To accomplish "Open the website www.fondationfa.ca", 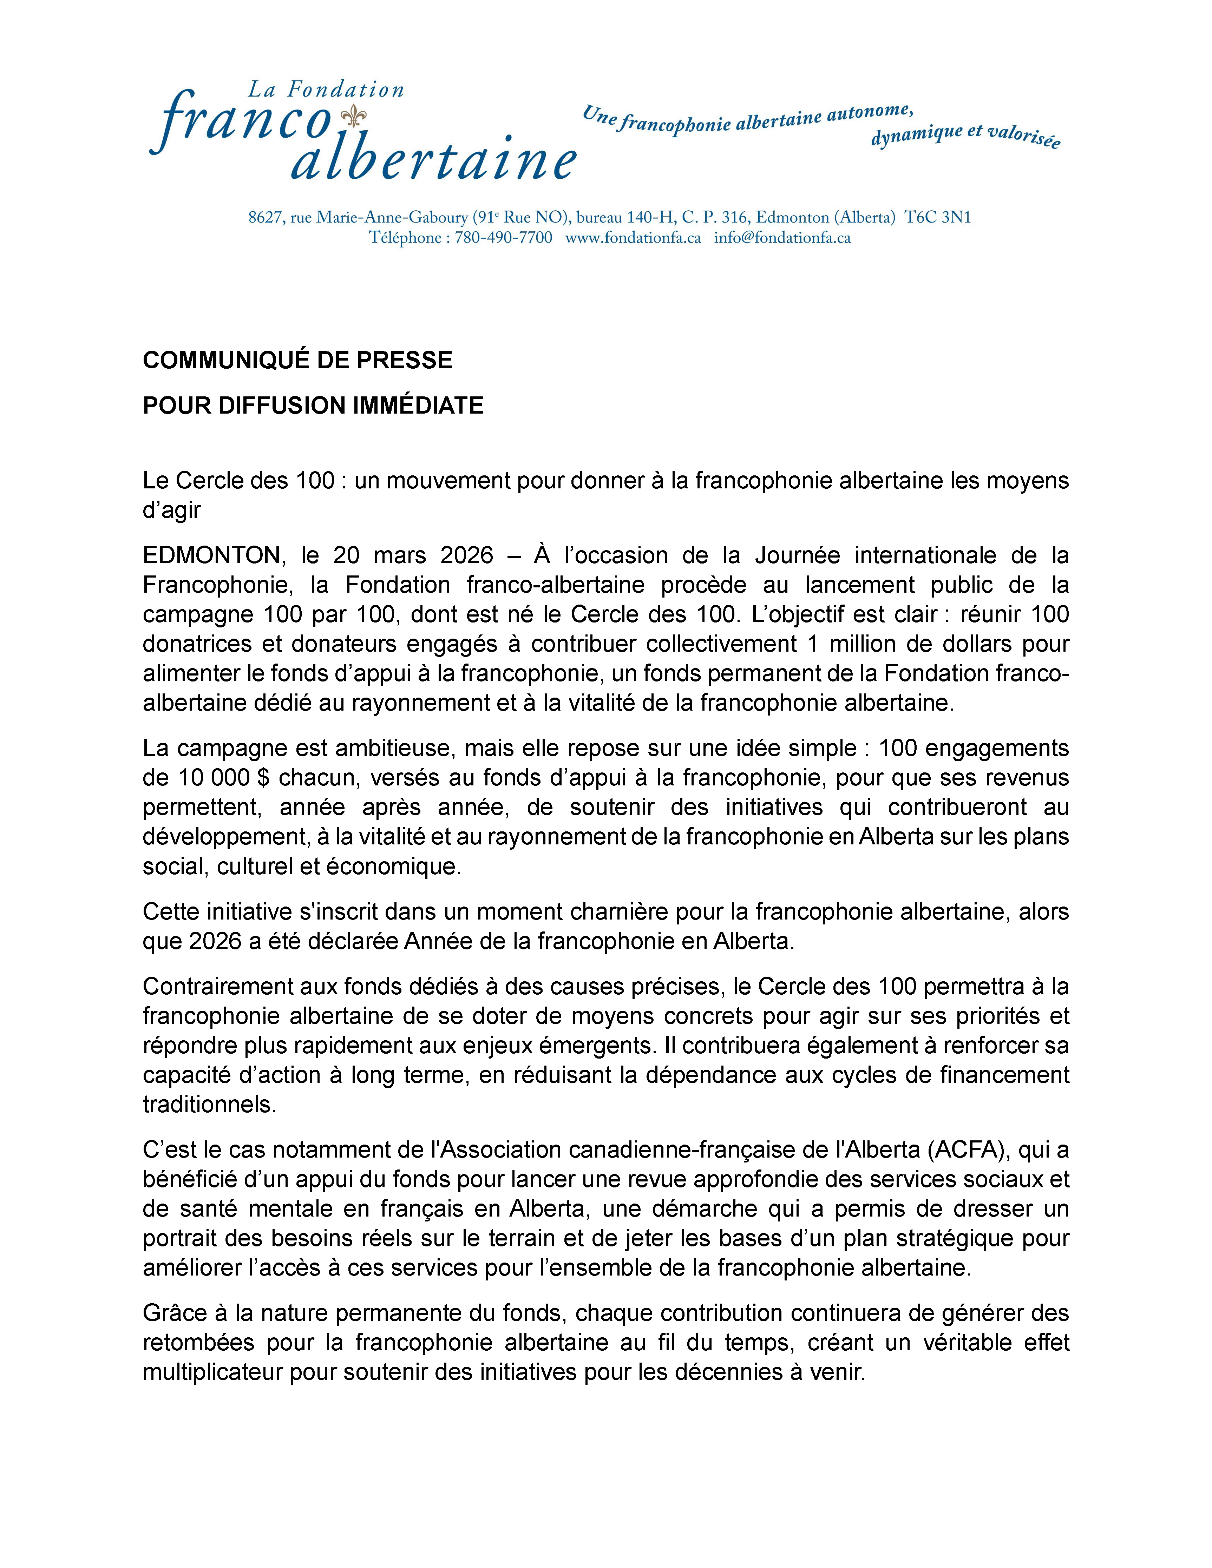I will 633,238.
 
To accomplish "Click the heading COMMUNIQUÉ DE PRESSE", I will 297,360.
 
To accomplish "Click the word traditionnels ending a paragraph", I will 209,1104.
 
